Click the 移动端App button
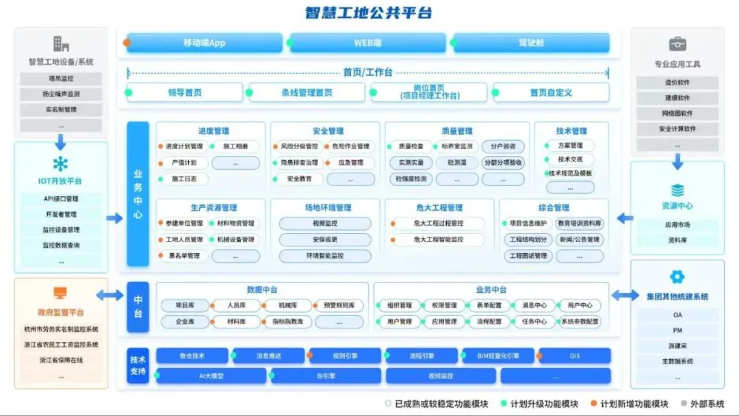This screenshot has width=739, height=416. [204, 42]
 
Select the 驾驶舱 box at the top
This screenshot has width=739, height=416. [531, 42]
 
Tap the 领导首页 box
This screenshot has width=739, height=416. [185, 92]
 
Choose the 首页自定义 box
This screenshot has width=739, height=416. [551, 92]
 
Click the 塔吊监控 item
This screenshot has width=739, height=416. [61, 79]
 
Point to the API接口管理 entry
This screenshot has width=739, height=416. [61, 199]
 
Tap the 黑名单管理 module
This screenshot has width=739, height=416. [183, 256]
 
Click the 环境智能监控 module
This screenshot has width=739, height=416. [325, 256]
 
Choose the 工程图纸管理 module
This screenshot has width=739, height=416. [528, 256]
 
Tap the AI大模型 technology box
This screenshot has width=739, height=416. [211, 376]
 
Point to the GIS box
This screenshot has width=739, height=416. [574, 356]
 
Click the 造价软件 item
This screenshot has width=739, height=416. [677, 83]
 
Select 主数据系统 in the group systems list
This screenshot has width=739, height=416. [677, 361]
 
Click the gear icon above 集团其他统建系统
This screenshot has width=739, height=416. [677, 277]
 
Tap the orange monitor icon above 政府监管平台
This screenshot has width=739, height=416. [61, 292]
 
